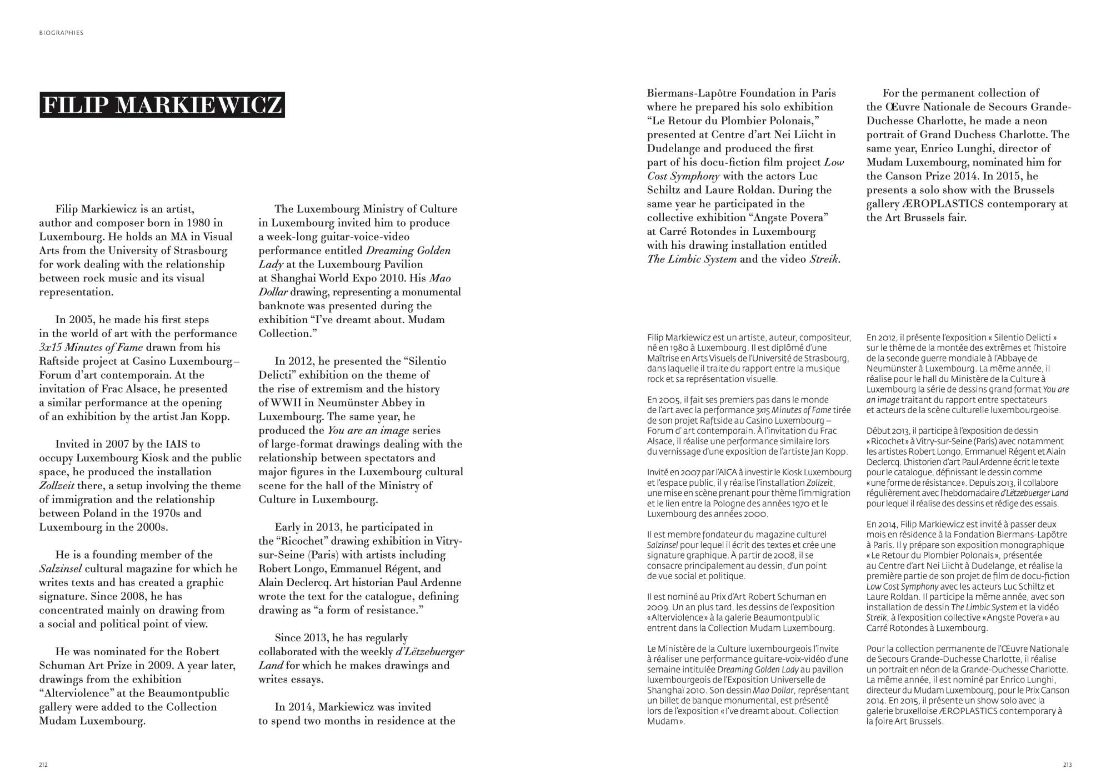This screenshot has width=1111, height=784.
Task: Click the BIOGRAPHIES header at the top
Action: [x=61, y=33]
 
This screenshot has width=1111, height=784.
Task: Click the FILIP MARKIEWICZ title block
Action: [x=162, y=105]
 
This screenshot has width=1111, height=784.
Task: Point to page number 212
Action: [x=43, y=765]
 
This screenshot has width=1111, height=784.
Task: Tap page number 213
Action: [x=1067, y=765]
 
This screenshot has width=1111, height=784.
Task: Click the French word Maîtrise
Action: [x=663, y=358]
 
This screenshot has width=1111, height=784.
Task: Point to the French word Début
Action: [x=878, y=430]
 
